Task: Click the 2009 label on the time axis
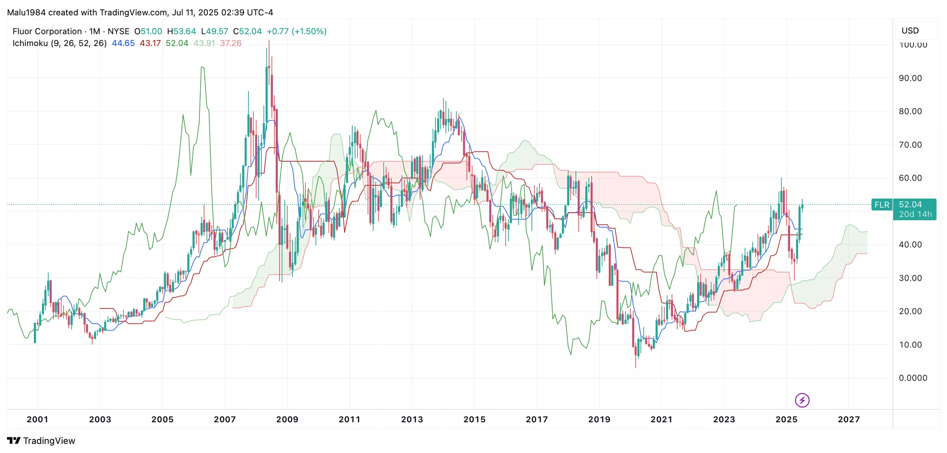(287, 419)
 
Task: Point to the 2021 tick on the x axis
(662, 419)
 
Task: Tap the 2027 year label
(848, 419)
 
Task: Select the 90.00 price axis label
(910, 78)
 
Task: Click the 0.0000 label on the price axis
(913, 378)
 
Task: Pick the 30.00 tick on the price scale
(910, 278)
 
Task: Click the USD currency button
(910, 30)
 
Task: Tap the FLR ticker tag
(882, 205)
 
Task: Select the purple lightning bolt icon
(802, 400)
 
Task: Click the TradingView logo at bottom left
(41, 440)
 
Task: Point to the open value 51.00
(151, 31)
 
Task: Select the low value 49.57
(217, 31)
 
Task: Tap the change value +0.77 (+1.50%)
(296, 31)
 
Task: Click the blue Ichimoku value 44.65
(123, 43)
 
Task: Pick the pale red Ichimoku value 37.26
(231, 43)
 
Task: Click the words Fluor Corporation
(47, 31)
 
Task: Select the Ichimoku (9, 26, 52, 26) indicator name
(59, 43)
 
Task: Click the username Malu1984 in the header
(26, 13)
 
